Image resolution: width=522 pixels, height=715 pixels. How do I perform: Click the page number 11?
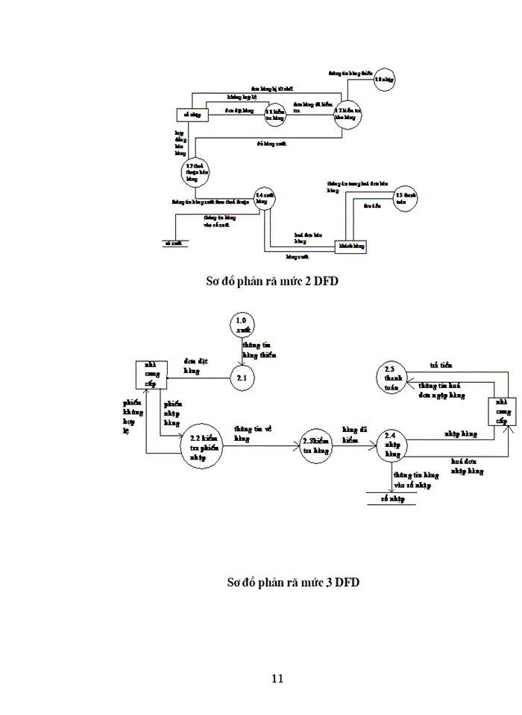pos(277,678)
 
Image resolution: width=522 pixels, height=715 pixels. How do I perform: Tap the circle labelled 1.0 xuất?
pos(242,325)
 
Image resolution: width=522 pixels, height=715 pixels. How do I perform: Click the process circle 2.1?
pos(242,378)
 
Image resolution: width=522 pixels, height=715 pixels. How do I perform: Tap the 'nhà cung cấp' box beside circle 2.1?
pos(150,374)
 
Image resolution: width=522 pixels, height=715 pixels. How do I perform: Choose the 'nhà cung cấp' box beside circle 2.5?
pos(501,411)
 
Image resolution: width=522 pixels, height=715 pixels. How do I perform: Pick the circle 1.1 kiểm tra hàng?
pos(275,114)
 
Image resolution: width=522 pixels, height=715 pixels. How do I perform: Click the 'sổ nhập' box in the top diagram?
pos(192,115)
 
